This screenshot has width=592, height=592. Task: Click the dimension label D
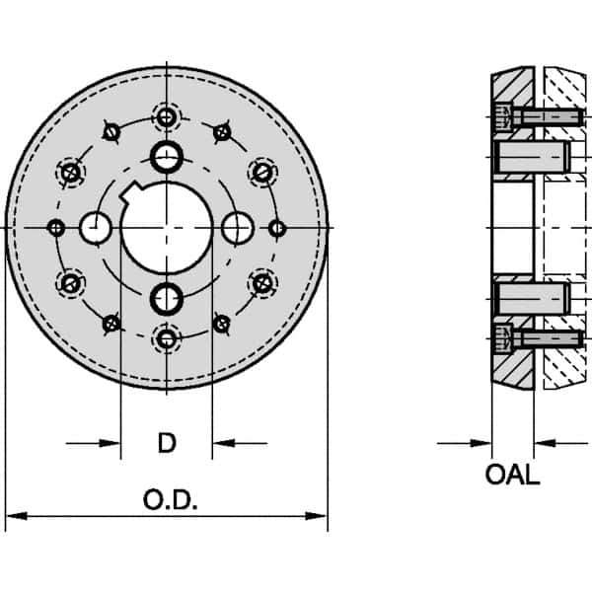[167, 444]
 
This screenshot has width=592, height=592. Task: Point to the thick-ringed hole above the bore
[167, 155]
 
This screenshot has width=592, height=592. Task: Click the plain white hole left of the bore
[97, 228]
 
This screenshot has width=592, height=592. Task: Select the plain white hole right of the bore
[237, 228]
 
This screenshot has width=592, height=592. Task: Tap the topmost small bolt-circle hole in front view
[167, 117]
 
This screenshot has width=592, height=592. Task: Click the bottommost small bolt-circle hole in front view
[167, 339]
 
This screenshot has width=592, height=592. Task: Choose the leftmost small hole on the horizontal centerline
[56, 228]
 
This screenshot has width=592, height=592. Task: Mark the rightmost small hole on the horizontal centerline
[277, 228]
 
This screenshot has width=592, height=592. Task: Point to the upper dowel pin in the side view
[529, 155]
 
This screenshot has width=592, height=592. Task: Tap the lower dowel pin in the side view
[529, 296]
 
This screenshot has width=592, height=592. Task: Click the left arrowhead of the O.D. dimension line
[14, 515]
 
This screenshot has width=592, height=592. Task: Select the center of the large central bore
[167, 228]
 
